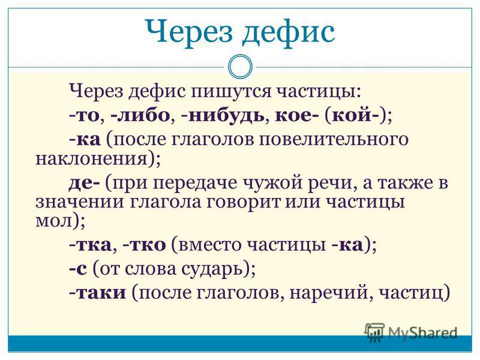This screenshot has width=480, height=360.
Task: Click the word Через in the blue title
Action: (x=188, y=32)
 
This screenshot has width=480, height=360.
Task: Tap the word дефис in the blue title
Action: (x=289, y=32)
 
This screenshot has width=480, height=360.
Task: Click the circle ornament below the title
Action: (x=240, y=67)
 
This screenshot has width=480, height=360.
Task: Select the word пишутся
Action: (x=231, y=91)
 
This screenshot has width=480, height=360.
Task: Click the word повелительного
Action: (x=334, y=140)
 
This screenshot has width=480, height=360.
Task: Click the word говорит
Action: (x=244, y=203)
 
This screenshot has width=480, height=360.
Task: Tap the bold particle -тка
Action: (x=90, y=245)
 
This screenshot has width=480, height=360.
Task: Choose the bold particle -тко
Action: (x=144, y=245)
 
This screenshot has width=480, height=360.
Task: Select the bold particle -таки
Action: (x=98, y=293)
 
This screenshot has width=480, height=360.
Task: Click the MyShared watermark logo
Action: (x=410, y=332)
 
